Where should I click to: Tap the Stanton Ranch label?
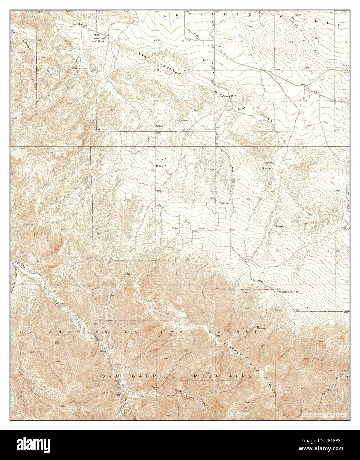(288, 292)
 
